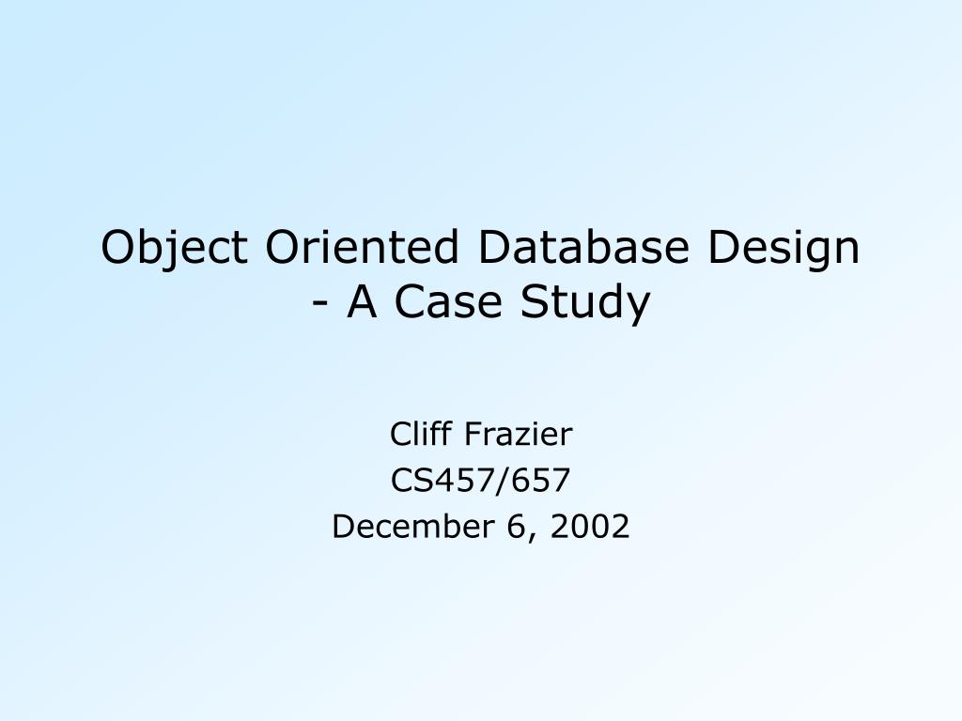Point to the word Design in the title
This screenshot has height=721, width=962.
point(784,249)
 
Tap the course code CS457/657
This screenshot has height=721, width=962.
point(480,481)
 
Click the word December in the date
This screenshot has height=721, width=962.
point(410,528)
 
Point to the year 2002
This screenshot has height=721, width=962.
point(590,527)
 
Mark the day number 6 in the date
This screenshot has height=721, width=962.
point(513,527)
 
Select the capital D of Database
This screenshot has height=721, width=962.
point(491,247)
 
